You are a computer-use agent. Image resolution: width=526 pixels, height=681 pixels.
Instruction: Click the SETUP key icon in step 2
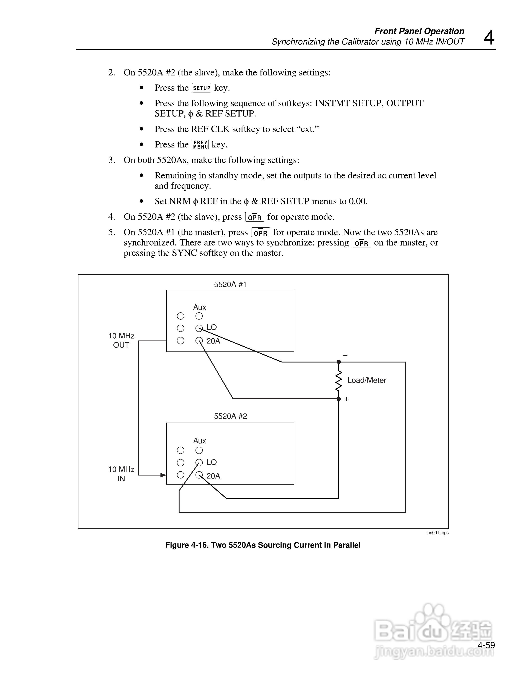[201, 88]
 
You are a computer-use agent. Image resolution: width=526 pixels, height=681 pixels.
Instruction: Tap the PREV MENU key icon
[200, 145]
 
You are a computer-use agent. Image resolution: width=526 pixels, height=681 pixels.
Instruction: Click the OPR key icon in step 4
[255, 217]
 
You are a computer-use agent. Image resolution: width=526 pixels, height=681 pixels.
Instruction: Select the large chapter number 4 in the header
[489, 38]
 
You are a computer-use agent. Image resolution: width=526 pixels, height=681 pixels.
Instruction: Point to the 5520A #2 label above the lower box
[230, 416]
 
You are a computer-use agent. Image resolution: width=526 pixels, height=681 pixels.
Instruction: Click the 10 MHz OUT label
[121, 340]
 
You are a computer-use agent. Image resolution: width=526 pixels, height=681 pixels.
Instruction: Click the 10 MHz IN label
[121, 474]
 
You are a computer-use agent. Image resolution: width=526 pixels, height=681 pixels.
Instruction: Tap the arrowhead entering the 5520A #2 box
[163, 475]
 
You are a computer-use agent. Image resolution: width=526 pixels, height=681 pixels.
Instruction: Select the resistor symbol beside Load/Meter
[339, 380]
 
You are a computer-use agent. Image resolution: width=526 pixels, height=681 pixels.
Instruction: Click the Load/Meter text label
[367, 380]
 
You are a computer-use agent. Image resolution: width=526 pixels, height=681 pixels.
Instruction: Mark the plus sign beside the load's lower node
[347, 399]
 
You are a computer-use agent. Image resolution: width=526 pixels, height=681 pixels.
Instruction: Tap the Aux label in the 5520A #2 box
[199, 441]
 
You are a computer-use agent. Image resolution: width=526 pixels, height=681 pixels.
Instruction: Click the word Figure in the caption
[177, 545]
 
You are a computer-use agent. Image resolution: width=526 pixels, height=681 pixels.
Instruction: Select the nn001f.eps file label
[438, 533]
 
